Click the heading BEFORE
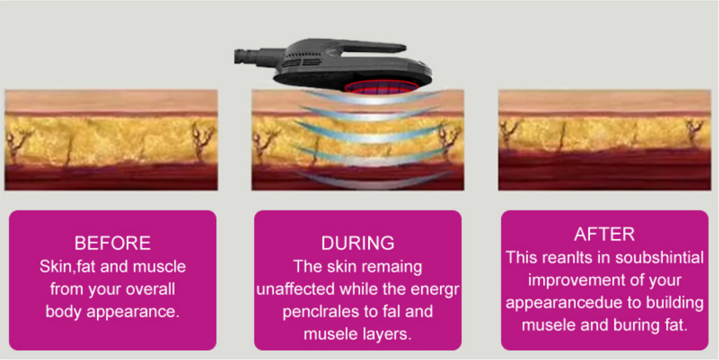point(113,243)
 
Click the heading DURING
point(357,243)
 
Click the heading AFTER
point(604,234)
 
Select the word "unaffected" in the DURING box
point(296,289)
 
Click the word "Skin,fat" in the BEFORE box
point(68,266)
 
